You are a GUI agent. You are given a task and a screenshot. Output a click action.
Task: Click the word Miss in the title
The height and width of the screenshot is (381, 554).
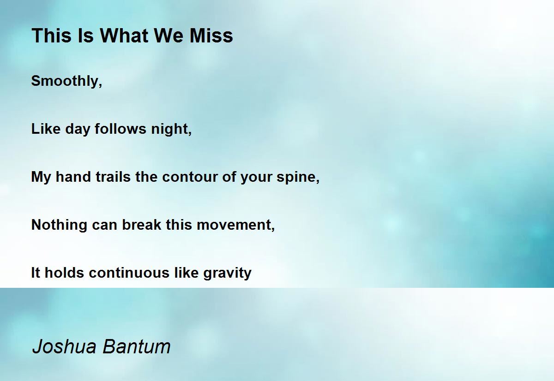211,36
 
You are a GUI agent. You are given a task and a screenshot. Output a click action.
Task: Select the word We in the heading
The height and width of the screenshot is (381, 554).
169,36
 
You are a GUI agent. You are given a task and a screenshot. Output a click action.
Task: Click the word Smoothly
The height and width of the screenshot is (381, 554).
66,81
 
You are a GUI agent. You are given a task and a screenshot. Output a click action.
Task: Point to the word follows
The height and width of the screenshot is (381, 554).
120,129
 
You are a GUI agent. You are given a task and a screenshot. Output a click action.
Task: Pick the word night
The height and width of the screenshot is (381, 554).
171,129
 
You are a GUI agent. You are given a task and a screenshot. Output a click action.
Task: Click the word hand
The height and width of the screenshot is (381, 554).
73,177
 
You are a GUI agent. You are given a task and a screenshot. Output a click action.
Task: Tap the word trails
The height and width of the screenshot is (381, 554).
113,177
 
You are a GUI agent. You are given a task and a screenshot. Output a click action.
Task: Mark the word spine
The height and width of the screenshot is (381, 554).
298,178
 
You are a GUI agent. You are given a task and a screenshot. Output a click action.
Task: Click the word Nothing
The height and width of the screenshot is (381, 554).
60,225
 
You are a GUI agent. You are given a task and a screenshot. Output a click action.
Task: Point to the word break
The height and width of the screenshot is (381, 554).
142,225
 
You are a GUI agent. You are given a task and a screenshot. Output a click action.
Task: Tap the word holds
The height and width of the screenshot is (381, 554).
64,273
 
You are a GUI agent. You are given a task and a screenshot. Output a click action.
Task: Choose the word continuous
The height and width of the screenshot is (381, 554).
129,273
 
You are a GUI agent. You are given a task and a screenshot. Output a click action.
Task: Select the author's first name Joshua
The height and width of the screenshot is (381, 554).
64,346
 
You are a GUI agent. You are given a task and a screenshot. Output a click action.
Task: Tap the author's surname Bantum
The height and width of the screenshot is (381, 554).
137,346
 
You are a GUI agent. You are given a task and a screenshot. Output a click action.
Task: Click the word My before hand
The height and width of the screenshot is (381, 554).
41,178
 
